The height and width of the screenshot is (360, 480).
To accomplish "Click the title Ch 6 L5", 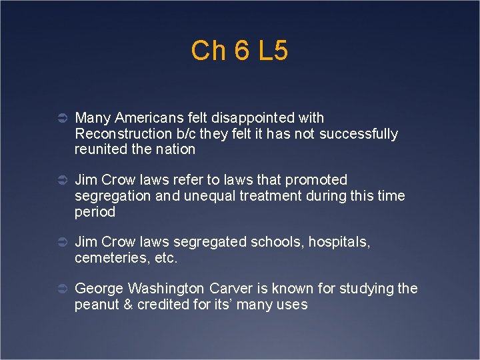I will point(239,51).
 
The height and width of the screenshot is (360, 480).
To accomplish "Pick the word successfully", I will point(359,134).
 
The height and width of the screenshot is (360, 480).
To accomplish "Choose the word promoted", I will point(315,180).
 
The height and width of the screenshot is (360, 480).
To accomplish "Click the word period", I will point(95,212).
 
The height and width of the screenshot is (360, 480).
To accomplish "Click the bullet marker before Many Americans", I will point(60,119).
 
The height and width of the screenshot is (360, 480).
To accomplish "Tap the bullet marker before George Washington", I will point(60,289).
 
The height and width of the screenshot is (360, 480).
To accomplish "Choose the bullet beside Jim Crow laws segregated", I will point(60,243).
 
